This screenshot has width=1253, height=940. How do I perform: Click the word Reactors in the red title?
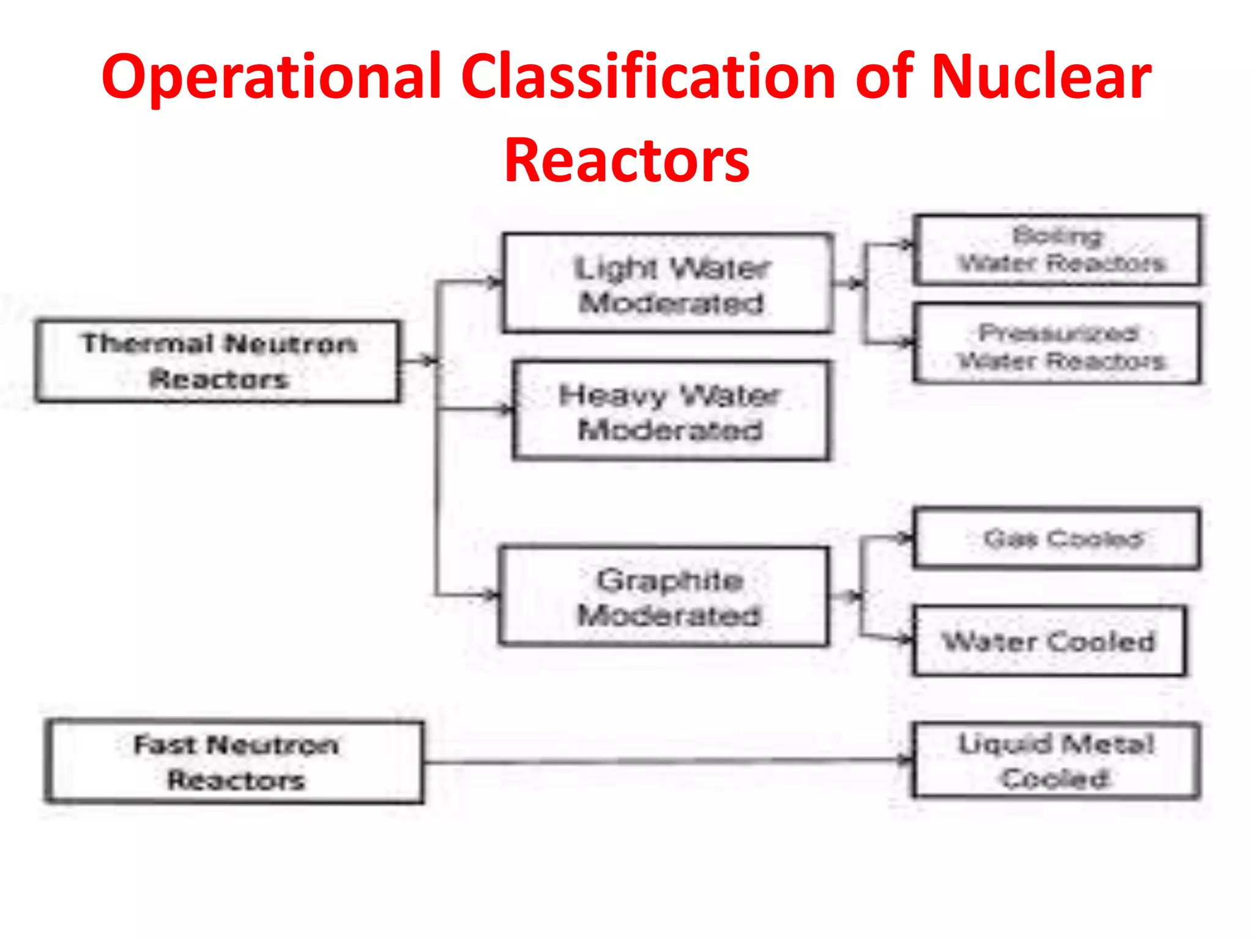point(626,160)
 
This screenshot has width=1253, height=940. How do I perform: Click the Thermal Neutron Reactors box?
point(218,361)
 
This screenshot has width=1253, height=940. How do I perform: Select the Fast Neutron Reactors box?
point(236,762)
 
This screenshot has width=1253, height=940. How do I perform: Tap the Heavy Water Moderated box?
point(671,411)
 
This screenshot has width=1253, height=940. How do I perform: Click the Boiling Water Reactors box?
point(1057,250)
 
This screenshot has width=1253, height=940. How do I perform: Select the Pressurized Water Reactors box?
point(1057,344)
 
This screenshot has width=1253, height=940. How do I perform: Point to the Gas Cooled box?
point(1057,539)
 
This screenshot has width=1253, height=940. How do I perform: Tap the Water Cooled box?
point(1049,641)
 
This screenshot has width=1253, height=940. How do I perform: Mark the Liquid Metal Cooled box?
point(1057,761)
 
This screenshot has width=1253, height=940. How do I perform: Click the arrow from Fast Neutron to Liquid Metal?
point(667,761)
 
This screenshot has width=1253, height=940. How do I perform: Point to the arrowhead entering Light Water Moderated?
point(495,282)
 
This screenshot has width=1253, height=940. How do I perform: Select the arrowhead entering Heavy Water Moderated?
point(506,409)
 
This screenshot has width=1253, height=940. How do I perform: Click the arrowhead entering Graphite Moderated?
point(491,594)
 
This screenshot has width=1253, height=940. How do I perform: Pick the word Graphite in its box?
point(670,580)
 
